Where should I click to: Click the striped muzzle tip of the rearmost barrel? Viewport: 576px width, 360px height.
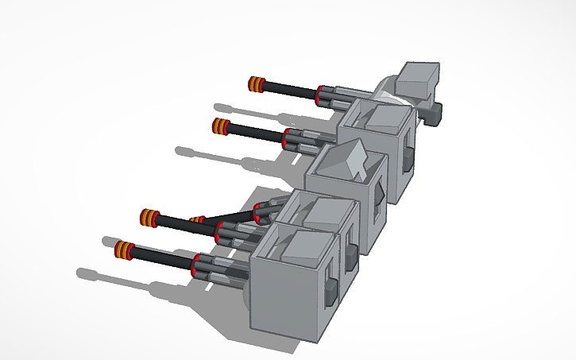[256, 84]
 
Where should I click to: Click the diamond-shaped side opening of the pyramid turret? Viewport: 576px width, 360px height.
[380, 192]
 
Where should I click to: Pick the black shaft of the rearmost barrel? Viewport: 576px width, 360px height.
[290, 89]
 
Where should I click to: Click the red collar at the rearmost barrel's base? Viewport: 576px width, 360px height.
[319, 94]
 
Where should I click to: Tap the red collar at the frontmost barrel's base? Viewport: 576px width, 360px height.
[196, 263]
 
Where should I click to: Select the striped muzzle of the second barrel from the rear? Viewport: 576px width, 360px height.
[221, 125]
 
